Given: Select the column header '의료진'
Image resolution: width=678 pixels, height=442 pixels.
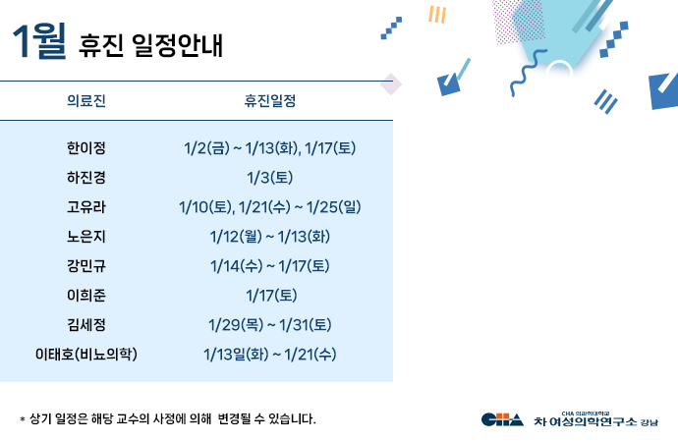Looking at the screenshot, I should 86,100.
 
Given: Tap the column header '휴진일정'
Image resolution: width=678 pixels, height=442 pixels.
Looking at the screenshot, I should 270,100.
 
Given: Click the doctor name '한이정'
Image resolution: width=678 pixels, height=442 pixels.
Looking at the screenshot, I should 86,149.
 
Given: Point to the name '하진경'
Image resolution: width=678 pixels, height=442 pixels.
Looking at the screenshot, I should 86,178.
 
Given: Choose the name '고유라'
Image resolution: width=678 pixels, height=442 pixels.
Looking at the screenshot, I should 86,207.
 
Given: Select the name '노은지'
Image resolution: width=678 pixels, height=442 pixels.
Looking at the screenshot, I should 86,237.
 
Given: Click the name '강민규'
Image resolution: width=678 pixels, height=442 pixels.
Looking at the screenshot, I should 86,265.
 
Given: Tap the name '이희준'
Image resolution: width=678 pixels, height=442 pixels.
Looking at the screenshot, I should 86,295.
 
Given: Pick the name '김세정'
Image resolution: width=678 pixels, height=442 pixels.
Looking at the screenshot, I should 86,324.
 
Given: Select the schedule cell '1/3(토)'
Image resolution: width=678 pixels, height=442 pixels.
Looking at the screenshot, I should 270,178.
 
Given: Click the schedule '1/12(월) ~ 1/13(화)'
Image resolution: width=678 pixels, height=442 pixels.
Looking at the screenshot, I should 270,237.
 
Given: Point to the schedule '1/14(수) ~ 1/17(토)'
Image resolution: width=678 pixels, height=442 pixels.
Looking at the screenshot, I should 270,265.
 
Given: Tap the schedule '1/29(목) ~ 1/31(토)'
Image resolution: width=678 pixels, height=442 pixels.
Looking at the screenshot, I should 270,324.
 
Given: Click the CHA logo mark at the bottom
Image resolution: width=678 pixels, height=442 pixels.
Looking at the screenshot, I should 502,420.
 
